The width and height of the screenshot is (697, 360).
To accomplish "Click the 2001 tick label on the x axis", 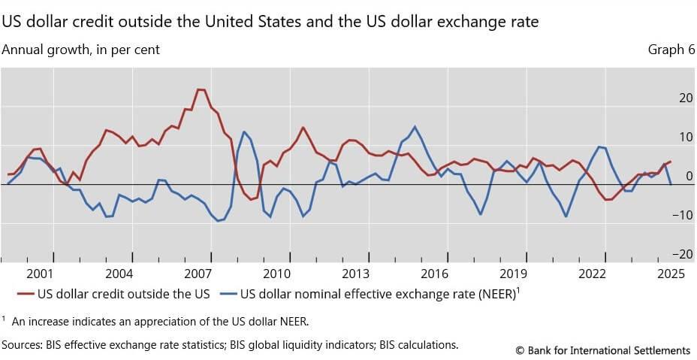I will pyautogui.click(x=40, y=274).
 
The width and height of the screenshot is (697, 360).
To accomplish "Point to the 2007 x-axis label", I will pyautogui.click(x=198, y=274).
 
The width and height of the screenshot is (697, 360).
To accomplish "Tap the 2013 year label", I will pyautogui.click(x=355, y=274).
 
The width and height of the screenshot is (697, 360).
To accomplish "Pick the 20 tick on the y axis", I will pyautogui.click(x=685, y=98).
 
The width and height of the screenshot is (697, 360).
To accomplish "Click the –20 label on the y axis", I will pyautogui.click(x=683, y=255).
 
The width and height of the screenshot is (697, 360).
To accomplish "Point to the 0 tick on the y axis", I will pyautogui.click(x=689, y=177).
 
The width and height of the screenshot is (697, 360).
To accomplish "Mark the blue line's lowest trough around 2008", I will pyautogui.click(x=218, y=220).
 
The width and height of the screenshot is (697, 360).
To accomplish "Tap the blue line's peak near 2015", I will pyautogui.click(x=415, y=126).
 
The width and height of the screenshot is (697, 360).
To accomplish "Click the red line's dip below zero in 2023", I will pyautogui.click(x=607, y=199).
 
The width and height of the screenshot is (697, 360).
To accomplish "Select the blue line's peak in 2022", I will pyautogui.click(x=599, y=147).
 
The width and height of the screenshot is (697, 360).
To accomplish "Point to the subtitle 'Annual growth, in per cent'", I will pyautogui.click(x=81, y=50).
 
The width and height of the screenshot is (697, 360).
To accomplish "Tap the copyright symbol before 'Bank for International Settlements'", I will pyautogui.click(x=520, y=350).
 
